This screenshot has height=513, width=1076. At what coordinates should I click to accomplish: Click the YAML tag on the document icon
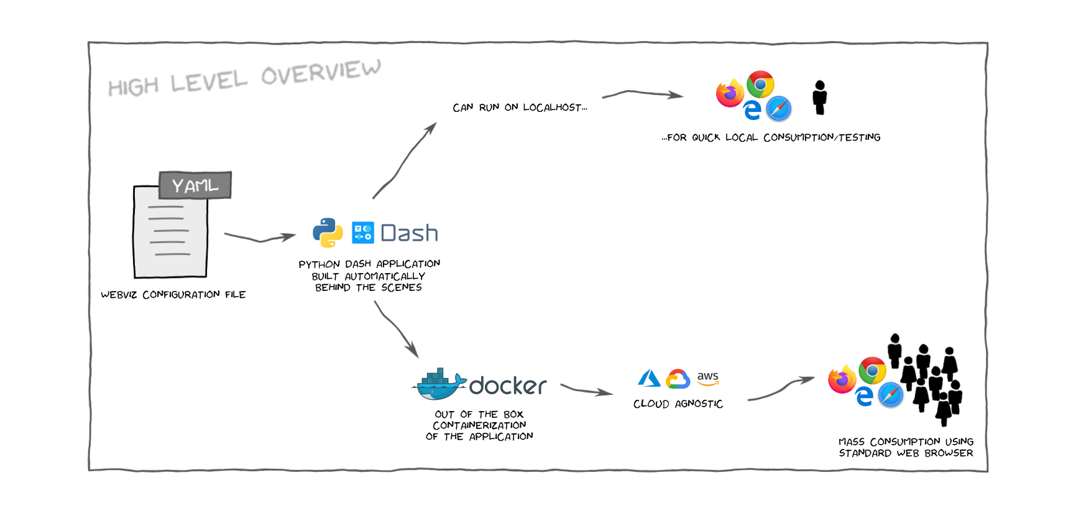click(195, 185)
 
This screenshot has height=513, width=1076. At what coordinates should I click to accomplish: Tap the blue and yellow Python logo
click(328, 233)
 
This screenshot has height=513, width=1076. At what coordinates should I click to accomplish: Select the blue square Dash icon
click(363, 233)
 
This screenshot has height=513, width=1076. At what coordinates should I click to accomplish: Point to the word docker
click(508, 386)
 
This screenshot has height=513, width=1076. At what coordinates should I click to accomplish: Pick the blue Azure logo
click(649, 378)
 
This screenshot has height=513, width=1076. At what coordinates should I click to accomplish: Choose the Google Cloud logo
click(678, 379)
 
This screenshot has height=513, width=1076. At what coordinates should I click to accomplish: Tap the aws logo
click(707, 377)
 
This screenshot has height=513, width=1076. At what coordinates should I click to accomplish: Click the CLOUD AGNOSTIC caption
click(678, 404)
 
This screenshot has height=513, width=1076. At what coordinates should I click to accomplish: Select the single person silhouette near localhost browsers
click(820, 98)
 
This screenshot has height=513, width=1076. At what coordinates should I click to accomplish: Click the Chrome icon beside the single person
click(760, 84)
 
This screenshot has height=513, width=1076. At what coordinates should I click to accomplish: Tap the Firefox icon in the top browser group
click(730, 93)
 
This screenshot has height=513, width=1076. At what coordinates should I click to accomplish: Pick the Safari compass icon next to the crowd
click(891, 395)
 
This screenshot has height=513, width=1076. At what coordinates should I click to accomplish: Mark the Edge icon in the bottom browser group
click(864, 396)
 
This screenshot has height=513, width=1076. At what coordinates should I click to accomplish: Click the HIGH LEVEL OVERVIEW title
click(244, 78)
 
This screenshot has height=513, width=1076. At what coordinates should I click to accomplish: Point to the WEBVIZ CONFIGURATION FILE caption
click(173, 295)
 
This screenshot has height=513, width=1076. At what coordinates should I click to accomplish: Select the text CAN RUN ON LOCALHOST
click(520, 108)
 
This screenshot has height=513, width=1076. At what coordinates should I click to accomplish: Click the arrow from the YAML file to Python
click(260, 238)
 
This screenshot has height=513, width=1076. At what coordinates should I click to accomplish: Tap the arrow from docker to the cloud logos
click(586, 391)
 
